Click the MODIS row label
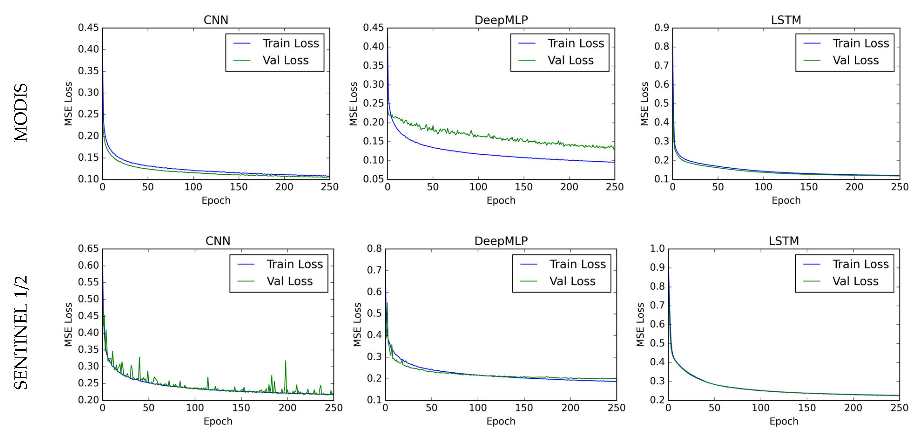tap(21, 112)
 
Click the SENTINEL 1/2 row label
tap(21, 333)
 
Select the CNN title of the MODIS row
tap(216, 20)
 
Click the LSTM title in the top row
tap(786, 20)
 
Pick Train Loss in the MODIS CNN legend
tap(290, 43)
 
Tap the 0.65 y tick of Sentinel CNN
tap(88, 248)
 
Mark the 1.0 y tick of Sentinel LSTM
tap(657, 248)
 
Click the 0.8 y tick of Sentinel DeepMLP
tap(374, 248)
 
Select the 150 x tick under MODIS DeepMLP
tap(523, 187)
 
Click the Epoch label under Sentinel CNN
tap(218, 421)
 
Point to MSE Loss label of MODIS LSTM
tap(644, 104)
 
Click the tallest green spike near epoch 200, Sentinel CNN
tap(285, 361)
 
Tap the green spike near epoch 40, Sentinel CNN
tap(139, 358)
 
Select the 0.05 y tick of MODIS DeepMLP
tap(373, 179)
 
